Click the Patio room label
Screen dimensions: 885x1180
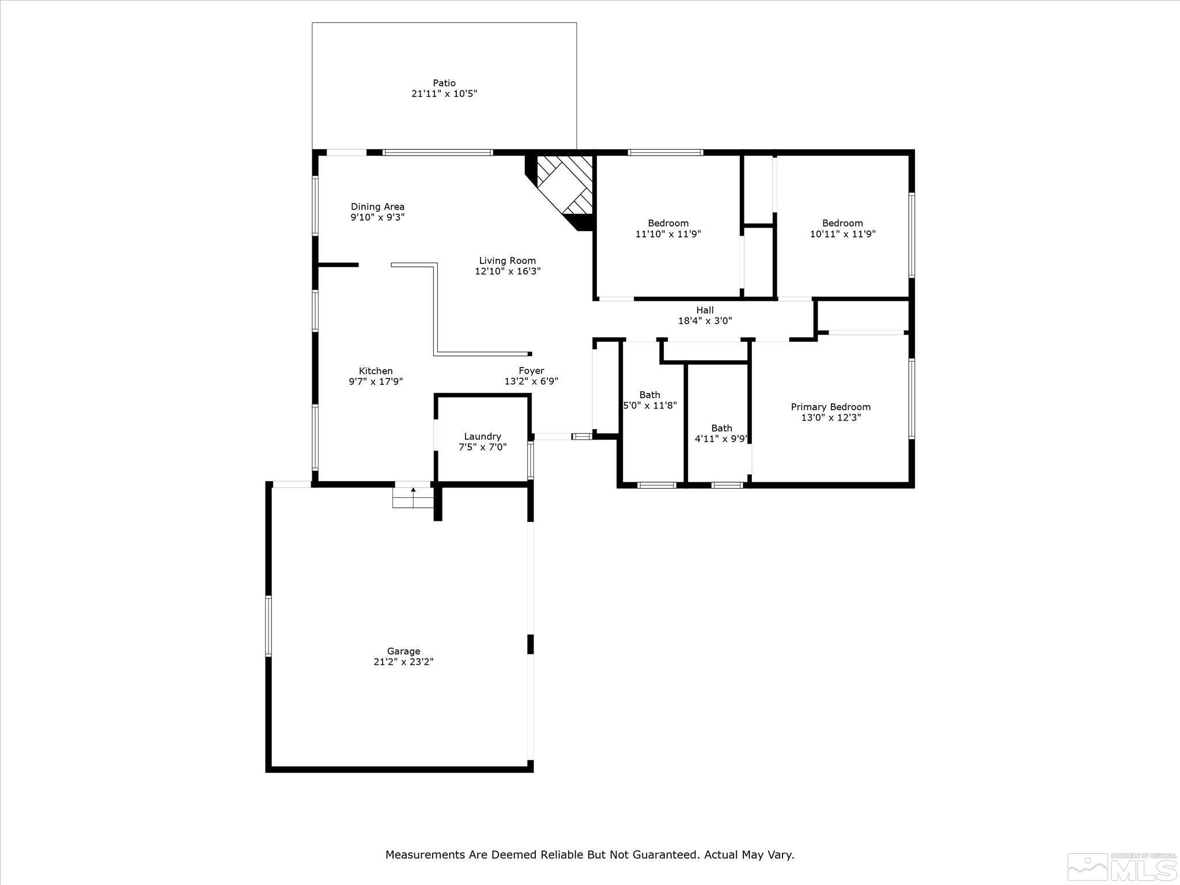pyautogui.click(x=444, y=83)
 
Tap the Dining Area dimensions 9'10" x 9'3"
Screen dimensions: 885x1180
pyautogui.click(x=377, y=217)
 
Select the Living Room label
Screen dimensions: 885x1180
pyautogui.click(x=507, y=260)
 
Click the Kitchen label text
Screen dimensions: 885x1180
pyautogui.click(x=376, y=371)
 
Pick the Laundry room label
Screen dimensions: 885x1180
pyautogui.click(x=482, y=436)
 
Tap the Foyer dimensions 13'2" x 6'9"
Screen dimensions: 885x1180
pyautogui.click(x=531, y=381)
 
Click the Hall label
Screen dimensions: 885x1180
pyautogui.click(x=705, y=310)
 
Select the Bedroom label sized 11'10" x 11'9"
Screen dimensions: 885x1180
pyautogui.click(x=668, y=223)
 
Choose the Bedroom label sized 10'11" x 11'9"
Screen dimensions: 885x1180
pyautogui.click(x=842, y=223)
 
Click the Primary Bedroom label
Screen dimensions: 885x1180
pyautogui.click(x=830, y=407)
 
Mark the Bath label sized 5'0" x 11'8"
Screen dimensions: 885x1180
pyautogui.click(x=649, y=395)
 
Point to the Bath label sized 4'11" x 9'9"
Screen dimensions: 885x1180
pyautogui.click(x=721, y=428)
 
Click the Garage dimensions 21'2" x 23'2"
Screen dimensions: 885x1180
pyautogui.click(x=403, y=662)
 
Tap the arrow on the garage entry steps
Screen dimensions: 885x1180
pyautogui.click(x=413, y=490)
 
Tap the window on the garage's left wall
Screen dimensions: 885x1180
pyautogui.click(x=268, y=626)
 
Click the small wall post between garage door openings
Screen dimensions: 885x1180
pyautogui.click(x=531, y=644)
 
